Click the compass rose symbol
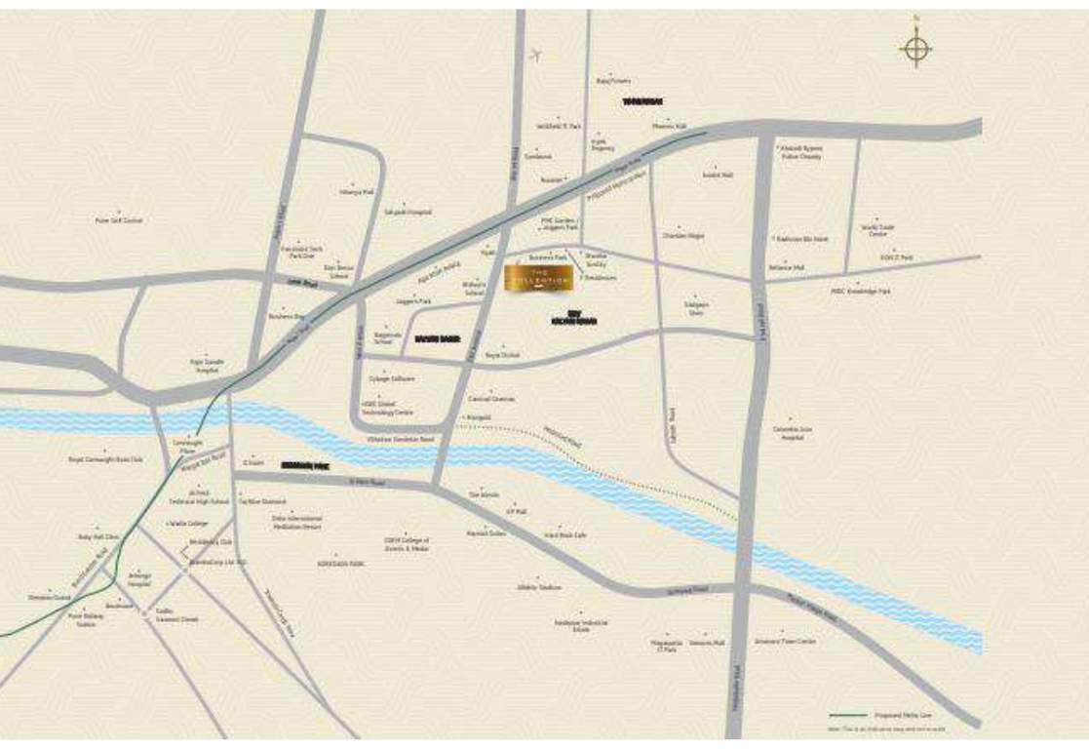tap(915, 48)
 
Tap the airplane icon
tap(535, 55)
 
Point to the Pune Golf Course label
tap(119, 220)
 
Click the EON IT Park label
tap(896, 256)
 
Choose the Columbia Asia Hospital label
tap(793, 433)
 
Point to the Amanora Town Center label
tap(785, 641)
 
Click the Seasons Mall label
tap(707, 644)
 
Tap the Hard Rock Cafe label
tap(565, 534)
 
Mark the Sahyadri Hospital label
tap(407, 212)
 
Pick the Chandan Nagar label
tap(682, 236)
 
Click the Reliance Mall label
tap(786, 266)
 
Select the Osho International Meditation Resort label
tap(296, 523)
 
